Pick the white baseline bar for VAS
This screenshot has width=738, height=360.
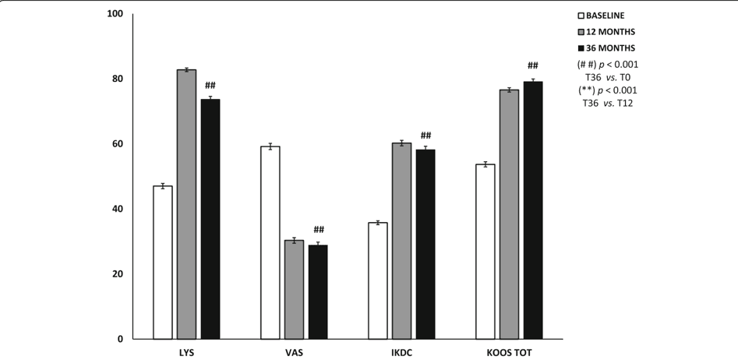click(x=270, y=242)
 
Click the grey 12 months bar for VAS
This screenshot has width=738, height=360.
click(x=294, y=289)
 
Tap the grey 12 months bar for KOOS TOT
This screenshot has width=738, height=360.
click(x=509, y=214)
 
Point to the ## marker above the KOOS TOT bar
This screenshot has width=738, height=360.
click(x=533, y=65)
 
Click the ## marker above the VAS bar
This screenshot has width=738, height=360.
click(x=318, y=229)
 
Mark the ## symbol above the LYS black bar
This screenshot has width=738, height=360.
click(x=210, y=85)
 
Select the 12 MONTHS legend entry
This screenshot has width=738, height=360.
click(x=606, y=32)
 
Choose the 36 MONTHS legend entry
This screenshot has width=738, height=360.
click(x=606, y=48)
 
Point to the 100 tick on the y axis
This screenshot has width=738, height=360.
click(x=115, y=14)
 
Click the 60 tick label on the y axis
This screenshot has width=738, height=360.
click(x=117, y=144)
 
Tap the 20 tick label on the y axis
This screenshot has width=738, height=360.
click(x=117, y=274)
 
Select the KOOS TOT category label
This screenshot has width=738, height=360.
click(x=509, y=352)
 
